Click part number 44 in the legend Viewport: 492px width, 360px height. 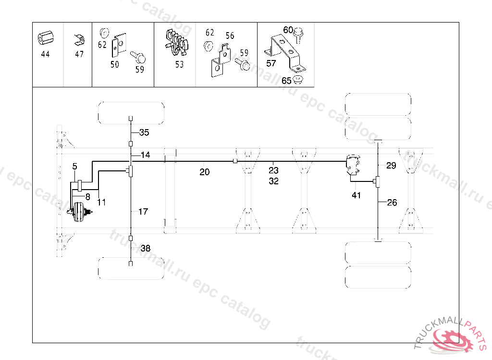click(x=45, y=54)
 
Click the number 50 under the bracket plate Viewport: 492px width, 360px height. click(x=115, y=64)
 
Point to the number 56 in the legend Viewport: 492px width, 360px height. click(x=230, y=36)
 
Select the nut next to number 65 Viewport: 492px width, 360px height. click(x=299, y=79)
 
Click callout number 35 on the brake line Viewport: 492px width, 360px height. click(x=144, y=132)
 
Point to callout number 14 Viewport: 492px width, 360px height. click(x=145, y=155)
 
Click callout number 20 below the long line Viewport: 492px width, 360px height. click(x=205, y=172)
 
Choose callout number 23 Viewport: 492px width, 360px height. click(x=273, y=170)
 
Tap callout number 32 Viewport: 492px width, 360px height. click(x=273, y=181)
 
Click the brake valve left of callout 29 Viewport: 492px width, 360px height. click(x=354, y=164)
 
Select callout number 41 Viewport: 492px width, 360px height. click(x=356, y=195)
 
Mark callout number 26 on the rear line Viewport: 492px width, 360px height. click(x=392, y=203)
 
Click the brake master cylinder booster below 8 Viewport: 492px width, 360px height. click(x=79, y=213)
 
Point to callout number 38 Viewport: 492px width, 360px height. click(x=145, y=248)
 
